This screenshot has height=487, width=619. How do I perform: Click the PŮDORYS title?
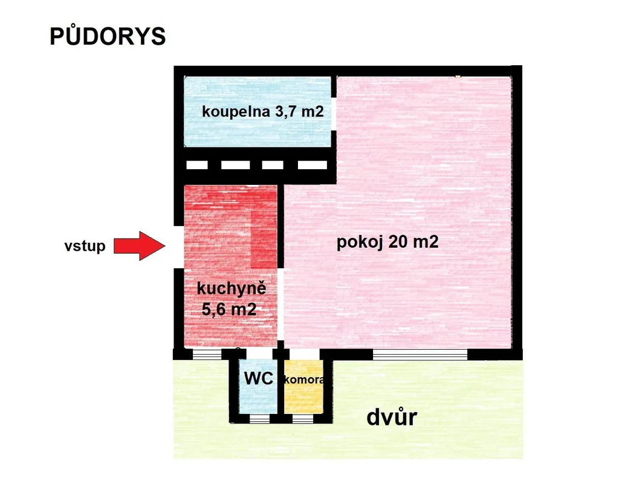(x=108, y=37)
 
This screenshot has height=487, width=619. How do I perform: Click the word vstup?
(x=85, y=246)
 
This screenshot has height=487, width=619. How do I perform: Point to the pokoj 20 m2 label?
(x=387, y=242)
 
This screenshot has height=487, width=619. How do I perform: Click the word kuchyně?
(x=232, y=288)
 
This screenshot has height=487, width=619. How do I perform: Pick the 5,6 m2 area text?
(x=229, y=311)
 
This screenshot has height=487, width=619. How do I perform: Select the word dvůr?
(x=392, y=417)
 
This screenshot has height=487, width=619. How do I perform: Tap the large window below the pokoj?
(x=420, y=355)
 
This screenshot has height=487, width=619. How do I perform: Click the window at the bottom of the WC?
(x=259, y=418)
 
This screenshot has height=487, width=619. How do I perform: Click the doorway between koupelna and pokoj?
(x=334, y=112)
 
